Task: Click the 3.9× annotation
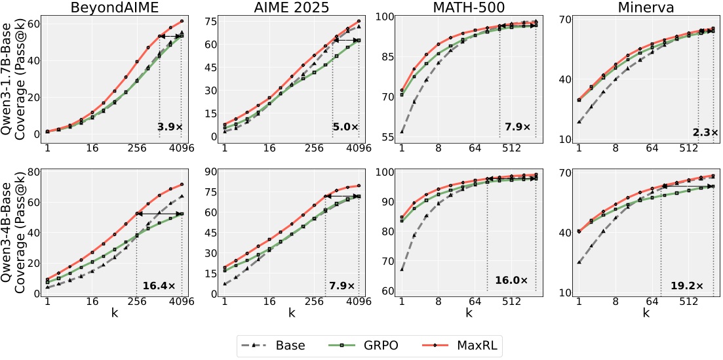(x=170, y=127)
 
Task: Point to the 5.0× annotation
(x=345, y=127)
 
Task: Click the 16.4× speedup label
(x=159, y=286)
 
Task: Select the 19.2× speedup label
(x=686, y=286)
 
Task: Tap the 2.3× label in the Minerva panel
(x=705, y=132)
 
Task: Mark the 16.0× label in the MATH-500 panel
(x=511, y=280)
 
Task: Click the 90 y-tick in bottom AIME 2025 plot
(x=210, y=172)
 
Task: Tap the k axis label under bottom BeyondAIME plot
(x=114, y=314)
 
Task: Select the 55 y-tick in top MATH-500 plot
(x=386, y=137)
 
